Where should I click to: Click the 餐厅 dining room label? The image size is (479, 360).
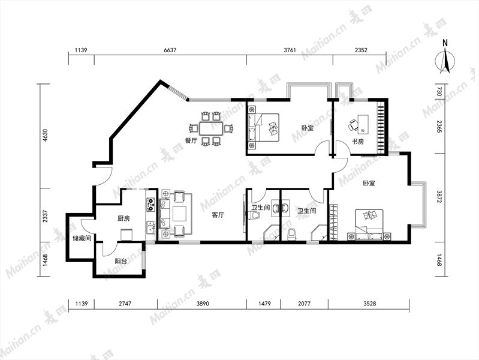(191, 141)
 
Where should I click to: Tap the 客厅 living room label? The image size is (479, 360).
(218, 215)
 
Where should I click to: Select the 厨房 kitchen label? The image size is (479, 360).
(123, 218)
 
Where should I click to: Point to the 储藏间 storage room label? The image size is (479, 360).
(82, 238)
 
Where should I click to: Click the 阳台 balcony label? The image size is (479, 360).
(121, 262)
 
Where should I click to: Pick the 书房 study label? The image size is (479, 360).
(358, 142)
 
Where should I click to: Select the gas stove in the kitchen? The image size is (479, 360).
(150, 205)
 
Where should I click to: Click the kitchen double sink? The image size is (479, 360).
(150, 227)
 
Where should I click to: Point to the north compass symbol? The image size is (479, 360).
(445, 60)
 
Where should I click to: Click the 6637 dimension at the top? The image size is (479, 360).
(170, 50)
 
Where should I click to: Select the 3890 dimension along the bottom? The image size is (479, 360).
(203, 304)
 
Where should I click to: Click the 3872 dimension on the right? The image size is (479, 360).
(439, 197)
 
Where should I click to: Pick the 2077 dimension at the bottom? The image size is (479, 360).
(305, 304)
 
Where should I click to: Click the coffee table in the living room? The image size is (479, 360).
(180, 214)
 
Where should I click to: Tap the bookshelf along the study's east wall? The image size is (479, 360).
(381, 127)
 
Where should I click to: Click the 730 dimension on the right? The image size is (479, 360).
(439, 92)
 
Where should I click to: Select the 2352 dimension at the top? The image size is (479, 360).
(361, 50)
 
